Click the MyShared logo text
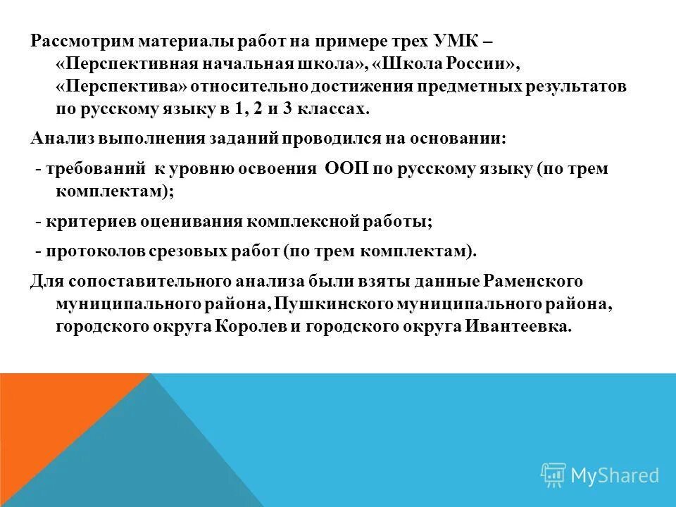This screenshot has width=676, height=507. click(615, 475)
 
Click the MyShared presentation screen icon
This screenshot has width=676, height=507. click(553, 475)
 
